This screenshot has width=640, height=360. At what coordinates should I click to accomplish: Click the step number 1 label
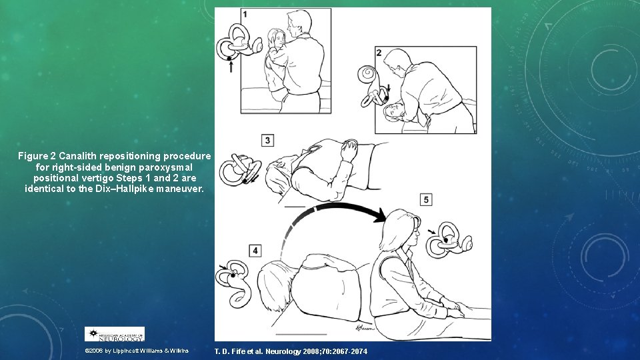(x=245, y=14)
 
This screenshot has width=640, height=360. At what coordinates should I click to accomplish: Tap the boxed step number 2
(x=379, y=53)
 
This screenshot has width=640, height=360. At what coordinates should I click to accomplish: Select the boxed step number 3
(x=268, y=140)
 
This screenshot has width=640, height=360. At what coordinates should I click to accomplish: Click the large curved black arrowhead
(x=377, y=215)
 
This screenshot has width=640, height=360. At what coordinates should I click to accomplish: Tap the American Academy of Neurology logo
(x=114, y=334)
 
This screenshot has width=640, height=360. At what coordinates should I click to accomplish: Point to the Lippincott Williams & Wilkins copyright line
(x=137, y=351)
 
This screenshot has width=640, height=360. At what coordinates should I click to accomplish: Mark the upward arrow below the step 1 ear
(x=231, y=66)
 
